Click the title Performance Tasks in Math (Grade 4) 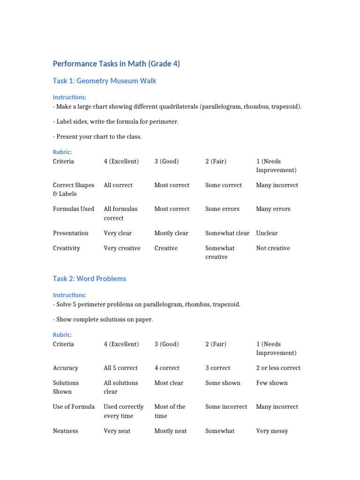pos(116,64)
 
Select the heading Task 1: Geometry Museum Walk pos(105,81)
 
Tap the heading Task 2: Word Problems pos(90,279)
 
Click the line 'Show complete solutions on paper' pos(103,320)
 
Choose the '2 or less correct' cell pos(278,368)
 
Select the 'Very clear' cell pos(118,233)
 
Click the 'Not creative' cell pos(273,248)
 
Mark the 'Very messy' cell pos(272,431)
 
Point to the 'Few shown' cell pos(272,383)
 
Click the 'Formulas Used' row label pos(74,209)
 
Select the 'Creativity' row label pos(67,248)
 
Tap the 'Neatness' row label pos(66,431)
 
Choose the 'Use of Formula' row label pos(74,407)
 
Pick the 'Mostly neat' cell pos(171,431)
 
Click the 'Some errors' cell pos(222,209)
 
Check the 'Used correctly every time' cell pos(123,411)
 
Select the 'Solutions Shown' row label pos(66,387)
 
